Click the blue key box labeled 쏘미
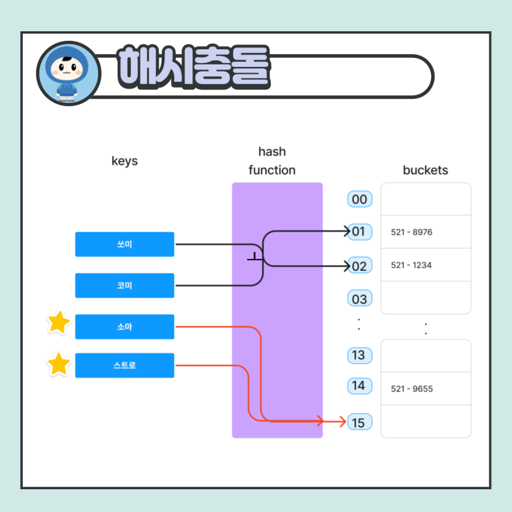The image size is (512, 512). click(125, 244)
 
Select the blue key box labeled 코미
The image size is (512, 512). click(125, 286)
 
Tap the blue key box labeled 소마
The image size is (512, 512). click(125, 326)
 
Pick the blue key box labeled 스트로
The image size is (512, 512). click(125, 365)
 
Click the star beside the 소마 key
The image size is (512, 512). click(59, 323)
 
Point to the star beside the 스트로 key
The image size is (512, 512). click(59, 364)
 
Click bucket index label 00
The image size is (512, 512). click(359, 199)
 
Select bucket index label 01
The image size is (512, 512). click(359, 232)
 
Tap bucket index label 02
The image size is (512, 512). click(359, 266)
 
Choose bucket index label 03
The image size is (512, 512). click(359, 299)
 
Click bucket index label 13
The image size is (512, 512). click(359, 355)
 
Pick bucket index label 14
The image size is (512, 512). click(359, 386)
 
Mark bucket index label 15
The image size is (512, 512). click(359, 422)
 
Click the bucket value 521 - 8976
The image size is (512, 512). click(411, 232)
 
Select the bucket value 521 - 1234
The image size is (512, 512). click(411, 265)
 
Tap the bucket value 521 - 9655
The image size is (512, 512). click(412, 389)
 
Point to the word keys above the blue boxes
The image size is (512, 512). click(125, 161)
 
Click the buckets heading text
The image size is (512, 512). click(425, 170)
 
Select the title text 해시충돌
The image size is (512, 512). click(194, 67)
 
